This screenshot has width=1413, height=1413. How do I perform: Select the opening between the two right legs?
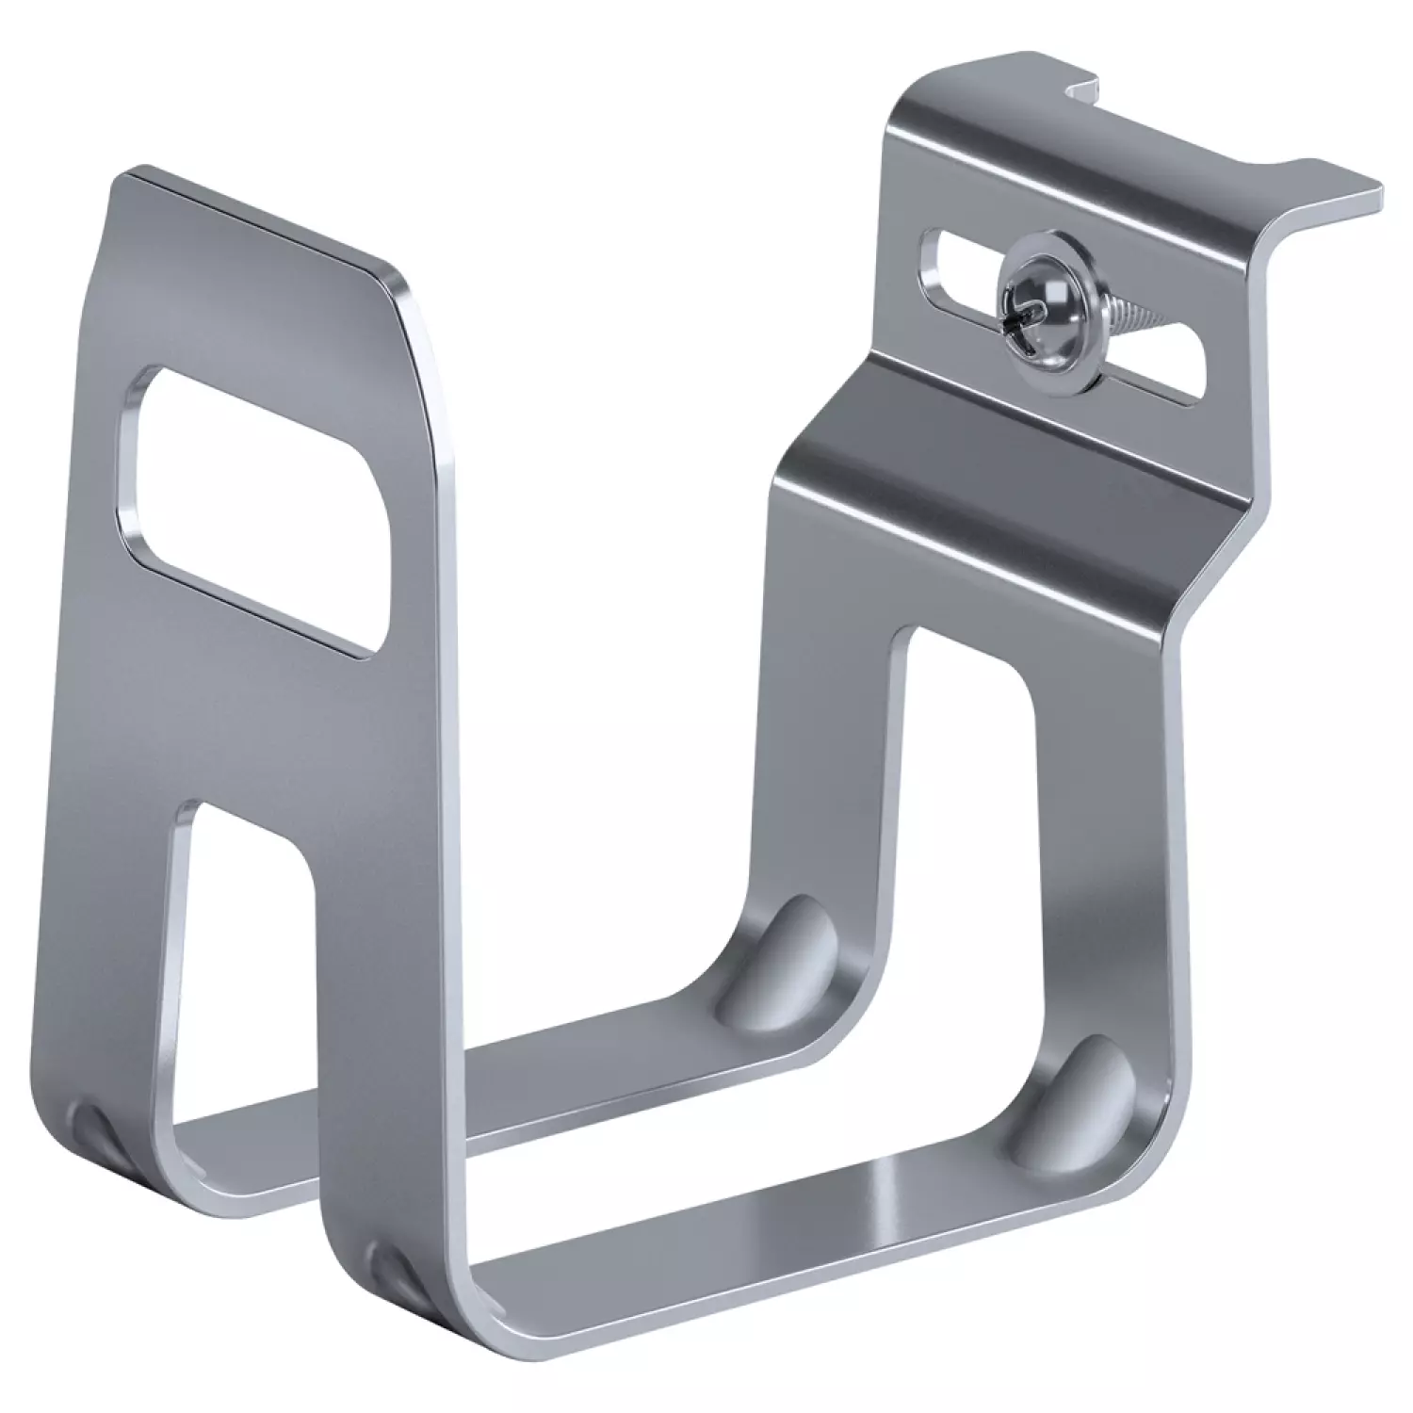point(970,801)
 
